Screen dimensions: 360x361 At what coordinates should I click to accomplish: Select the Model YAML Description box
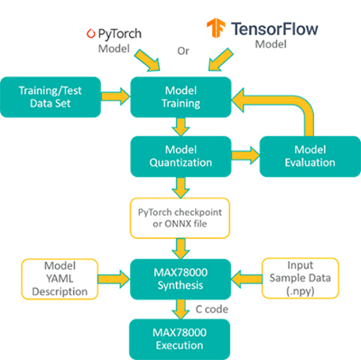tap(57, 274)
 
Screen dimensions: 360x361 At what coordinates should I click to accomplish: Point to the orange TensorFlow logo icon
tap(216, 27)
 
